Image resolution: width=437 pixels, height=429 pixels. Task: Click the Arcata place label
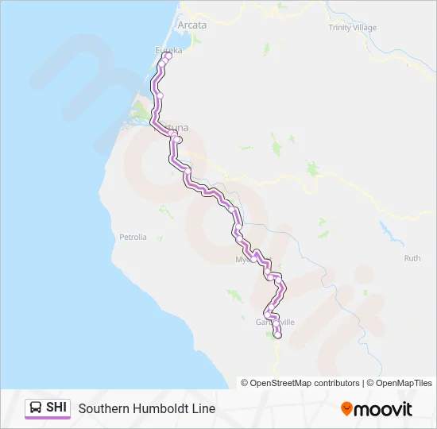pyautogui.click(x=192, y=25)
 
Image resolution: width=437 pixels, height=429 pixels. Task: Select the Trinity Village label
pyautogui.click(x=352, y=28)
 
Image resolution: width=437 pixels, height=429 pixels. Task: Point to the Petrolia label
pyautogui.click(x=133, y=237)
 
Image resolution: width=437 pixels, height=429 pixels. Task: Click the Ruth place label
pyautogui.click(x=412, y=258)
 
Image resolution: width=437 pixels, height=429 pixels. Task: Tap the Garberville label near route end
pyautogui.click(x=275, y=322)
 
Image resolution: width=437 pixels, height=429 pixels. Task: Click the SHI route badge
pyautogui.click(x=48, y=408)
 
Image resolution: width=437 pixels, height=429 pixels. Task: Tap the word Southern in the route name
pyautogui.click(x=100, y=408)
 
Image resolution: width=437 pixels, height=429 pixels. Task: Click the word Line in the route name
pyautogui.click(x=203, y=408)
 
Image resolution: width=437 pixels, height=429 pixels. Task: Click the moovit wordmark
pyautogui.click(x=383, y=409)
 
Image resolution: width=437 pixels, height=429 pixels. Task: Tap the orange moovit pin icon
pyautogui.click(x=346, y=408)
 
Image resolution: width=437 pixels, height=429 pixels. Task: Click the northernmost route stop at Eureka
pyautogui.click(x=168, y=56)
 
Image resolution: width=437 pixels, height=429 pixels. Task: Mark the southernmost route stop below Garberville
pyautogui.click(x=277, y=335)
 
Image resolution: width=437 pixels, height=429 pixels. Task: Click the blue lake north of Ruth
pyautogui.click(x=387, y=231)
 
